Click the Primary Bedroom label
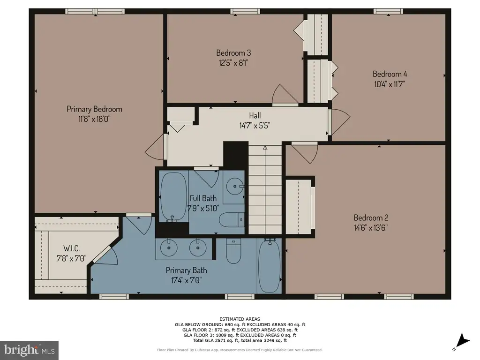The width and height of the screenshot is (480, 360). point(94,109)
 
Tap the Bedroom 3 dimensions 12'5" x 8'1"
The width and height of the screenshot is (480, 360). point(233,63)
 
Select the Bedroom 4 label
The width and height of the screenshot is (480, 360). point(390,74)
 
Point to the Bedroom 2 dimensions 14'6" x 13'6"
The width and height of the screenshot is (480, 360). point(371,228)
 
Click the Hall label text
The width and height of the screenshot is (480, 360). point(255,115)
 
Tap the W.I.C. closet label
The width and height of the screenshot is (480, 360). point(72,248)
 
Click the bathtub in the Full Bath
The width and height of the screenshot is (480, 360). point(173,196)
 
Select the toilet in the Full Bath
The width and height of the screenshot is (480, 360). point(232,219)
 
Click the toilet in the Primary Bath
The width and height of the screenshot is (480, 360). point(233,250)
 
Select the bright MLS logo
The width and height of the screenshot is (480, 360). point(29,350)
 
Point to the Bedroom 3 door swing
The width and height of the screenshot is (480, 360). point(285,95)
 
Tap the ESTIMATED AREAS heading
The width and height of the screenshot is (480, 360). point(240,319)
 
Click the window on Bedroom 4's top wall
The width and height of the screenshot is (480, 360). point(388,11)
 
